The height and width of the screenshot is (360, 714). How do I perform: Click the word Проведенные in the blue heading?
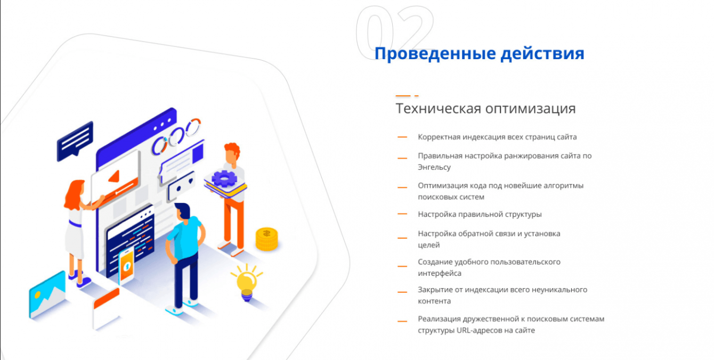point(435,53)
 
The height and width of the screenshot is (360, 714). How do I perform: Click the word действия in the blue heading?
point(542,53)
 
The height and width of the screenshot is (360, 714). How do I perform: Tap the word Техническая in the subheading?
point(439,108)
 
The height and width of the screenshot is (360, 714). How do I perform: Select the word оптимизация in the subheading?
point(531,109)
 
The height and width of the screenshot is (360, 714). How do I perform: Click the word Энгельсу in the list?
point(434,167)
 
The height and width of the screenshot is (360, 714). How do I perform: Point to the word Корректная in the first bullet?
point(439,137)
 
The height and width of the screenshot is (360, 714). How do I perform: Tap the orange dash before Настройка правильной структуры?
point(402,214)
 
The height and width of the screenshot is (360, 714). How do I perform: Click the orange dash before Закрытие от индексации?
point(402,292)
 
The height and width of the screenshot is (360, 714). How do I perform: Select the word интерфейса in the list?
point(440,273)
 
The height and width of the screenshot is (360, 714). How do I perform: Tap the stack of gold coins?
point(267,239)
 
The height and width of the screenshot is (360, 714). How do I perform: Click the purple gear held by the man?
point(224,179)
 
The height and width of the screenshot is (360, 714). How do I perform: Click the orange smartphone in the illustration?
point(126,266)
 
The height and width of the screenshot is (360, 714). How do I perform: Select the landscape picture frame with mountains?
point(47,294)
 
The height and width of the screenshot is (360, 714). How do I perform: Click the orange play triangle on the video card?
point(114,176)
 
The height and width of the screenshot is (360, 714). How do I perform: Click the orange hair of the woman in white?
point(74,194)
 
